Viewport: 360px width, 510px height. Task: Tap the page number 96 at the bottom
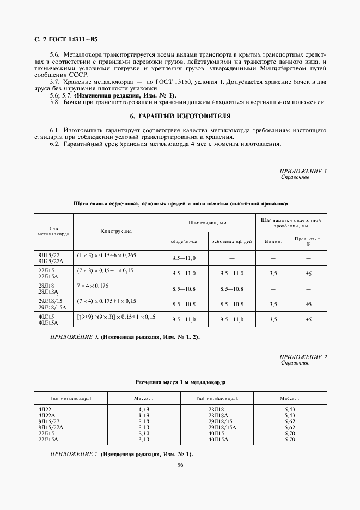click(180, 464)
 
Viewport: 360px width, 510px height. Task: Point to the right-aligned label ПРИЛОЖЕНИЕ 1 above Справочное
click(303, 171)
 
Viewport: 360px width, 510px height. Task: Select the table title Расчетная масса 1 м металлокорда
click(180, 382)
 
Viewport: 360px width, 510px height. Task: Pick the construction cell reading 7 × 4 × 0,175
click(93, 285)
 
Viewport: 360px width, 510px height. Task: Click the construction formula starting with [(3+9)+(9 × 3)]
click(116, 316)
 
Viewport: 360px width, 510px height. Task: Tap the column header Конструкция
click(116, 232)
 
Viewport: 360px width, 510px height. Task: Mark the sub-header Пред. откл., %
click(308, 241)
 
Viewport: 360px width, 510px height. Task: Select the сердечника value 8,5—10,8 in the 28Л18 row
click(184, 289)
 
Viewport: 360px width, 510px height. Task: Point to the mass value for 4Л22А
click(143, 416)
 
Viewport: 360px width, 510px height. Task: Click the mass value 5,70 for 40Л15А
click(289, 439)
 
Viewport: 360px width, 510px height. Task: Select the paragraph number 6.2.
click(54, 144)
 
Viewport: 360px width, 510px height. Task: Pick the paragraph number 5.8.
click(54, 102)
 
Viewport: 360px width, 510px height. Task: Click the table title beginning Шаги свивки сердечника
click(180, 203)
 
